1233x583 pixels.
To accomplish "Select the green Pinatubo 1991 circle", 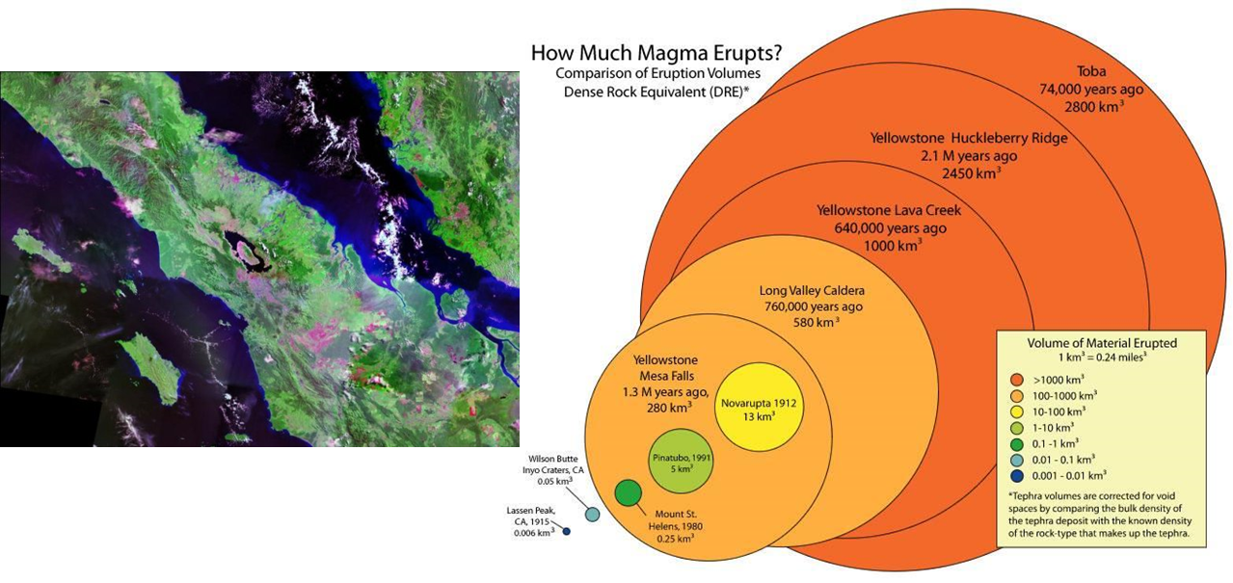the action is point(681,461).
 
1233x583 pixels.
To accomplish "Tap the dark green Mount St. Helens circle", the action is point(628,492).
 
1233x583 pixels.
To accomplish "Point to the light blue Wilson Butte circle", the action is point(592,515).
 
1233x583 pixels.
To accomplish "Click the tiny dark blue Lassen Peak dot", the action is point(566,531).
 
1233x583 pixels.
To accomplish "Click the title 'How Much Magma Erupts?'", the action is point(657,53).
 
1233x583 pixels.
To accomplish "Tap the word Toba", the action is point(1091,71).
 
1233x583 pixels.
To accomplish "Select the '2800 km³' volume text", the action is point(1094,106).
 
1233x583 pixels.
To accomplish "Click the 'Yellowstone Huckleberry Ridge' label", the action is point(969,138).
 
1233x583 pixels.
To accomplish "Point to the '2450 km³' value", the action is point(971,173).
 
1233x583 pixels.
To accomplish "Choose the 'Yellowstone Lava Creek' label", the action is point(889,210).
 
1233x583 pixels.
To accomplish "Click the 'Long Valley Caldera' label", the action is point(812,290).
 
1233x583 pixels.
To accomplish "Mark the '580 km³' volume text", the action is point(817,322).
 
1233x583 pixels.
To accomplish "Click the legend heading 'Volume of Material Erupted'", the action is point(1102,343).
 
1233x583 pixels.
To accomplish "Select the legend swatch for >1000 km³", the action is point(1017,380).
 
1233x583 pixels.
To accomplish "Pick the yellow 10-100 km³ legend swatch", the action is point(1017,411).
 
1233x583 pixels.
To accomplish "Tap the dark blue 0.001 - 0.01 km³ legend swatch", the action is point(1017,476).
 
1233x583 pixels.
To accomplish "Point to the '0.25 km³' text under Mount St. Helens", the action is point(675,539).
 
